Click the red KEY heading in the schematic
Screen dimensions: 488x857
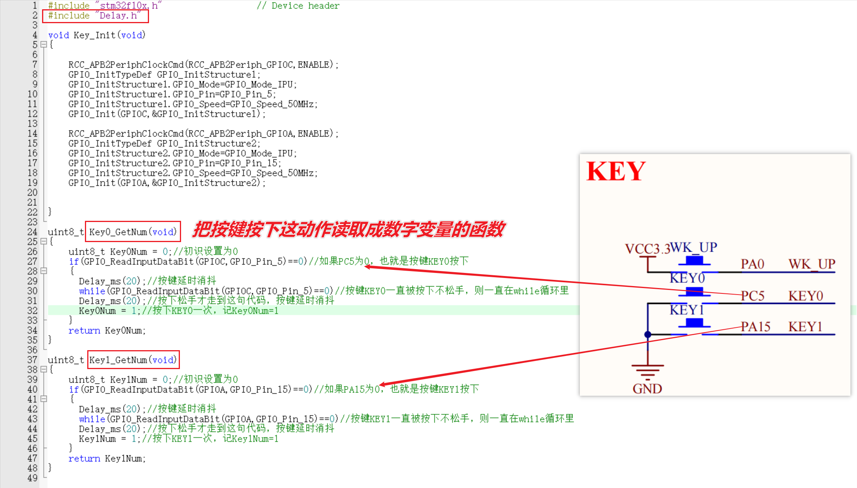(616, 171)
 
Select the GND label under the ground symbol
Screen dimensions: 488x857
(647, 388)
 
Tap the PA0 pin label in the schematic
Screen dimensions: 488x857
(752, 264)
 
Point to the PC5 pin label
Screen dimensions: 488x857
(752, 296)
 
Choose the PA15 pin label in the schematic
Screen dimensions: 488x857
(755, 327)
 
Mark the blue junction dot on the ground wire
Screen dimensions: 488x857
(648, 334)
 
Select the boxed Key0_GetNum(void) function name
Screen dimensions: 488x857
(133, 232)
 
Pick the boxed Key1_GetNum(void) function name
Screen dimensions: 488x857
(133, 360)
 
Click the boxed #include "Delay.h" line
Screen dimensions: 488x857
(95, 16)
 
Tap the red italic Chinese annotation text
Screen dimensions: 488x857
(349, 229)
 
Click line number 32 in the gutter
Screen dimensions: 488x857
(32, 310)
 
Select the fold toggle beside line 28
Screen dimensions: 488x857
(44, 271)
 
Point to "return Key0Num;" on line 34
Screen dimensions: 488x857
(107, 330)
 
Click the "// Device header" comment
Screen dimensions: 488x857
(298, 6)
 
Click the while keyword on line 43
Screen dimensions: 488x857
(92, 419)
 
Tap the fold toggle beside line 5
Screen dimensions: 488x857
(44, 45)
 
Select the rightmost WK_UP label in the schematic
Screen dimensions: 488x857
(811, 264)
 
